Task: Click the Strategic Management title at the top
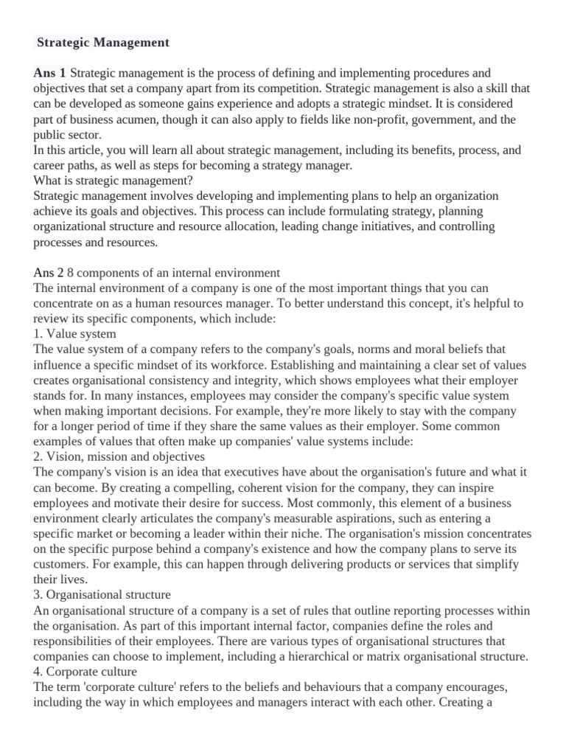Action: coord(103,43)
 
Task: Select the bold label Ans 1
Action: coord(49,73)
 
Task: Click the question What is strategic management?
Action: coord(112,181)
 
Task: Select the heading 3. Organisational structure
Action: coord(102,594)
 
